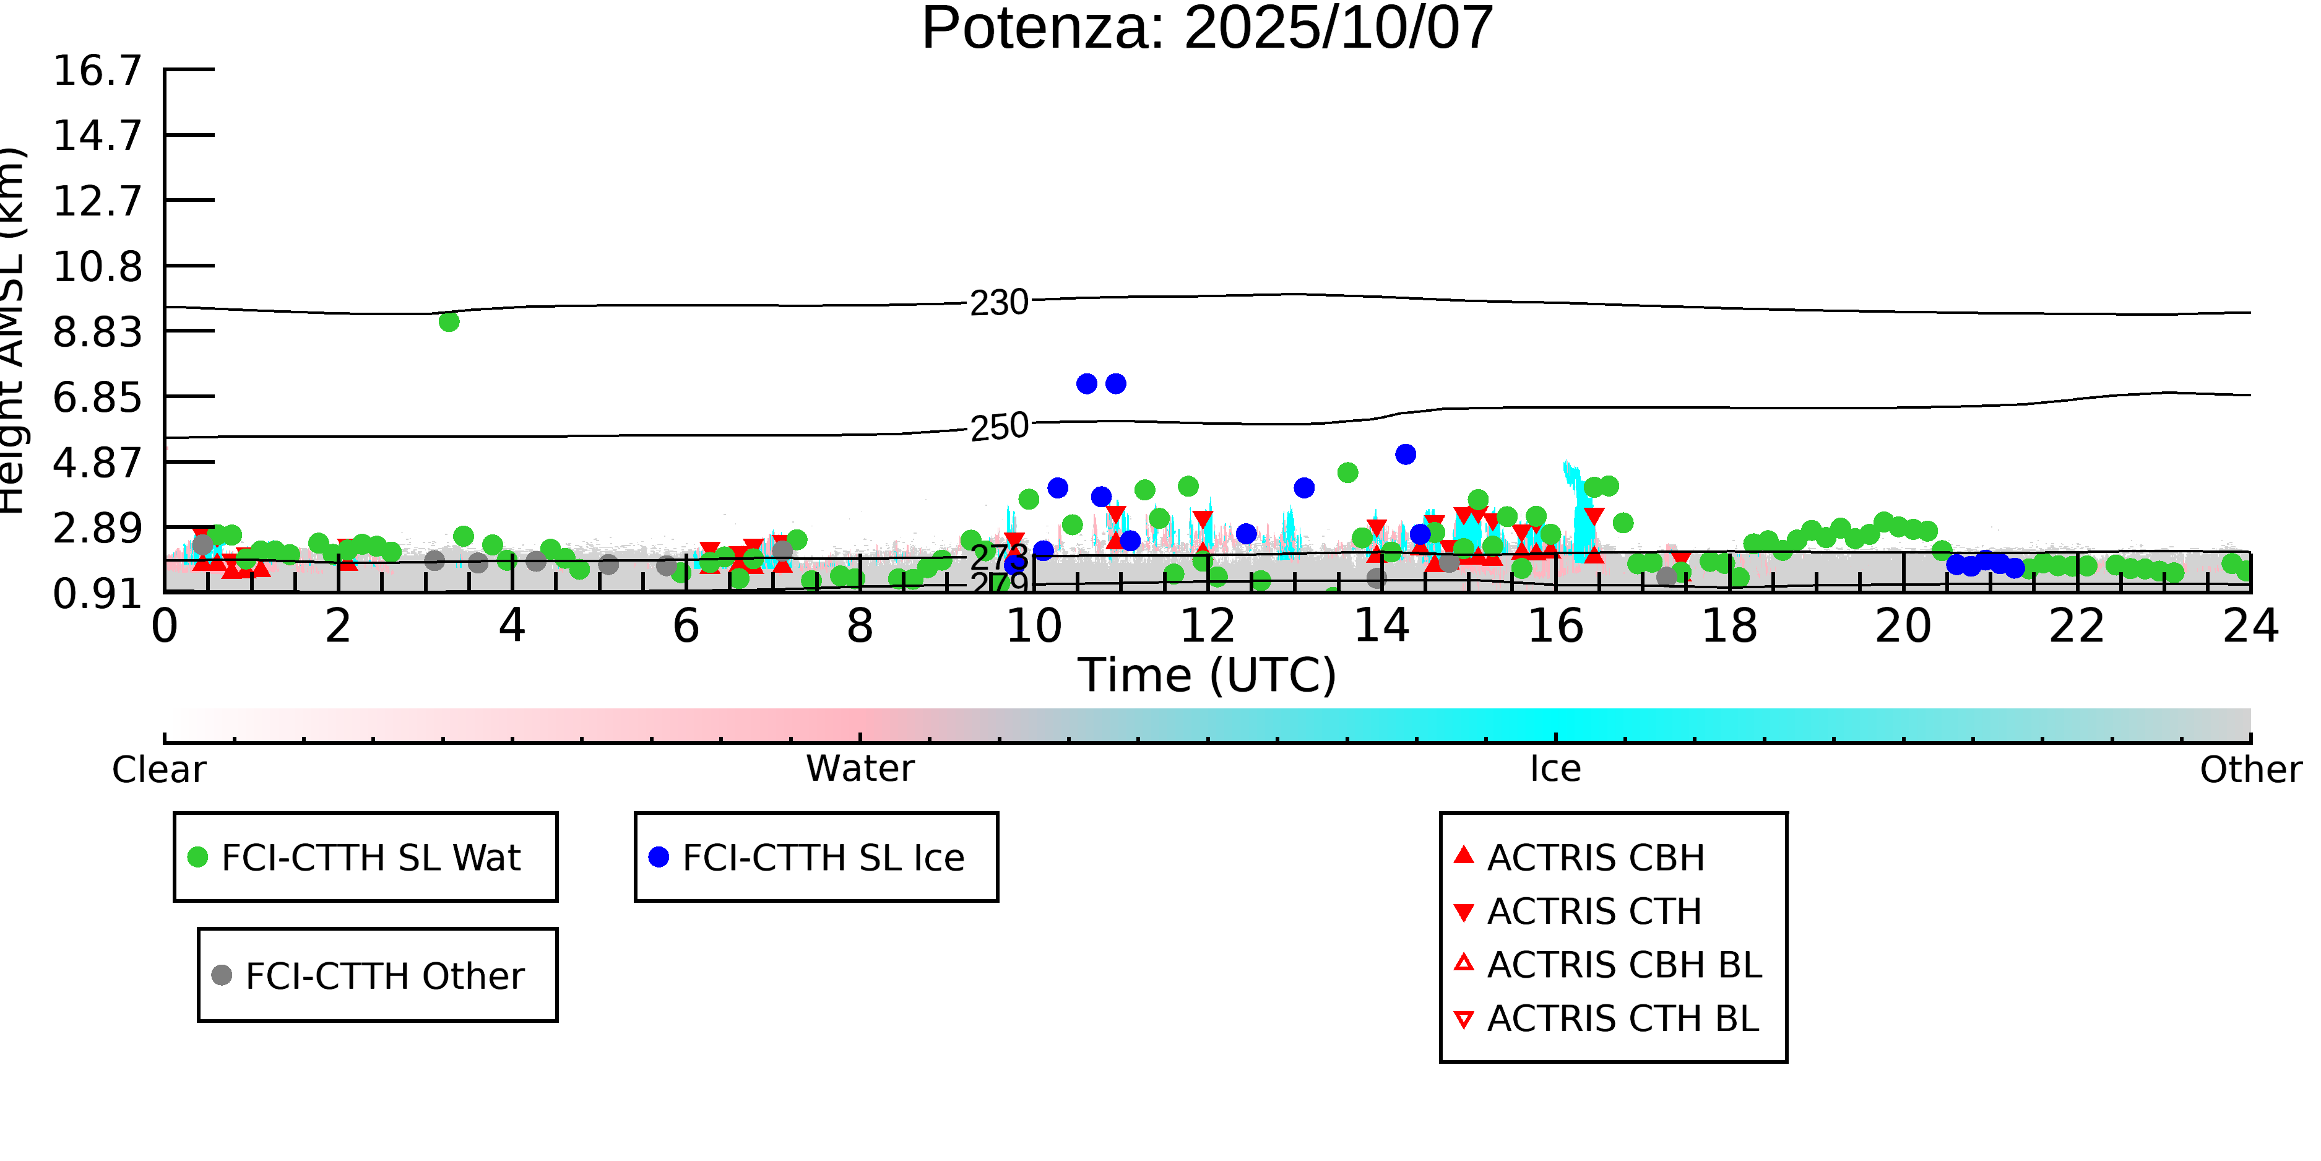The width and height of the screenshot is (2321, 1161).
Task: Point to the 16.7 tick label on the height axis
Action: pyautogui.click(x=97, y=71)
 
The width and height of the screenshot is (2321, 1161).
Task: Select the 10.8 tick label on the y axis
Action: pyautogui.click(x=97, y=267)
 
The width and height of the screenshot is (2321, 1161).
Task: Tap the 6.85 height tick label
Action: pyautogui.click(x=97, y=398)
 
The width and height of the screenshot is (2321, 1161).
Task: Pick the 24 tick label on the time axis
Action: pyautogui.click(x=2250, y=625)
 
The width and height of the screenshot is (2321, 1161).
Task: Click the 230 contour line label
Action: pyautogui.click(x=998, y=303)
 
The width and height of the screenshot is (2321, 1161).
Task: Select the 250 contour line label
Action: pyautogui.click(x=998, y=427)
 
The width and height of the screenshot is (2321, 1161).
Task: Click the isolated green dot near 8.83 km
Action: pyautogui.click(x=449, y=322)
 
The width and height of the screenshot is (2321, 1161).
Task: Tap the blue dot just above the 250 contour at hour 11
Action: pyautogui.click(x=1115, y=384)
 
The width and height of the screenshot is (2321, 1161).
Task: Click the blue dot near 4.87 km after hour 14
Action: pyautogui.click(x=1406, y=454)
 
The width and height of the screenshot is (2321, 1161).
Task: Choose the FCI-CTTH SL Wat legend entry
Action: pyautogui.click(x=370, y=857)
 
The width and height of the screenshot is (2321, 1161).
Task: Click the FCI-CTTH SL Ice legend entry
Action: pyautogui.click(x=822, y=857)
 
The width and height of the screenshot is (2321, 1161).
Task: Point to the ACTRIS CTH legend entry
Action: pyautogui.click(x=1594, y=911)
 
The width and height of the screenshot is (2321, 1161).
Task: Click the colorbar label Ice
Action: pyautogui.click(x=1555, y=769)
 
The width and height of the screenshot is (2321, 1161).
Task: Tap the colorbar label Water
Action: pyautogui.click(x=860, y=769)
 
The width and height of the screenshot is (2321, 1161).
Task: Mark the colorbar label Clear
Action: pyautogui.click(x=158, y=770)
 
